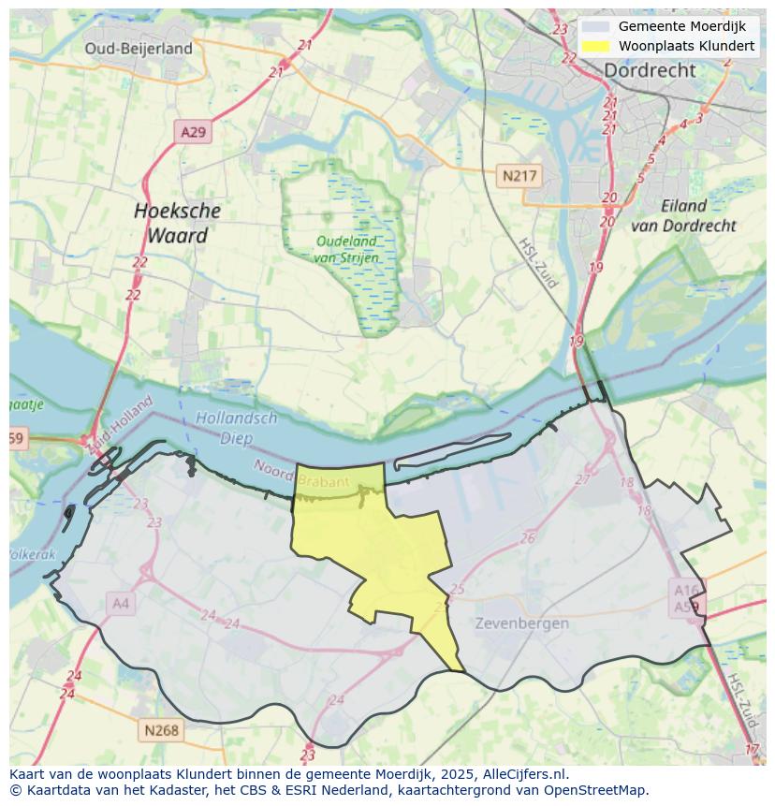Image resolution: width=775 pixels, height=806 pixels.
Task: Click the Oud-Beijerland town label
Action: pyautogui.click(x=139, y=49)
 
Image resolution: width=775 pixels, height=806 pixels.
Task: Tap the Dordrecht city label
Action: pyautogui.click(x=650, y=70)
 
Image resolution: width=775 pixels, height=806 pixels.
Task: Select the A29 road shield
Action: pyautogui.click(x=193, y=132)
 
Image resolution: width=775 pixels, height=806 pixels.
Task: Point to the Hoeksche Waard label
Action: pyautogui.click(x=177, y=223)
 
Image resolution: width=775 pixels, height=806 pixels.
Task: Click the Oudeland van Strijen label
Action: pyautogui.click(x=346, y=249)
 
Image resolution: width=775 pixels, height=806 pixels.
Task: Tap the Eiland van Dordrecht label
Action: pyautogui.click(x=683, y=215)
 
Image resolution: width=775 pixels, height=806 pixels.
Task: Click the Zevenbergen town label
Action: pyautogui.click(x=521, y=623)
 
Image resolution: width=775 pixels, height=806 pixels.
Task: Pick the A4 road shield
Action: pyautogui.click(x=121, y=604)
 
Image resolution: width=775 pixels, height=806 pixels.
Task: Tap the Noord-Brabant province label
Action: pyautogui.click(x=301, y=474)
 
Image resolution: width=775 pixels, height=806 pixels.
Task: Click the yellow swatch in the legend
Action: pyautogui.click(x=594, y=46)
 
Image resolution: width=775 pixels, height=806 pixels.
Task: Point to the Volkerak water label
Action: pyautogui.click(x=32, y=554)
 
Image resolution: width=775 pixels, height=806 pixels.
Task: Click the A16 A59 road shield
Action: pyautogui.click(x=688, y=597)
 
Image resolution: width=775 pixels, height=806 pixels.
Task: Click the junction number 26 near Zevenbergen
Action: pyautogui.click(x=528, y=538)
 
